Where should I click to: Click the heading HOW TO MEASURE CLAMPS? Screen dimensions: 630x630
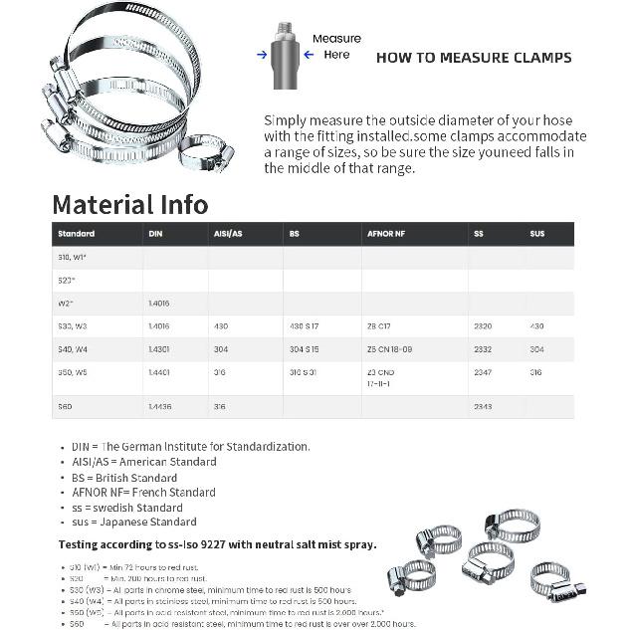tap(474, 58)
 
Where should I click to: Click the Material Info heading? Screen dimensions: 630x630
tap(130, 205)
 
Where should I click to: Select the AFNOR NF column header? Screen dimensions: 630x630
tap(386, 234)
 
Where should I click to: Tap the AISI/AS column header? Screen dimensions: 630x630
tap(227, 234)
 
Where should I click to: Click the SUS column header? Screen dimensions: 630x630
tap(537, 234)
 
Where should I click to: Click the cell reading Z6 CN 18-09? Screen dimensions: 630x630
tap(389, 349)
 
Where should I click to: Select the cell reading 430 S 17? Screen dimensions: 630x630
tap(304, 325)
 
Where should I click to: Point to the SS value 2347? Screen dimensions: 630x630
tap(483, 372)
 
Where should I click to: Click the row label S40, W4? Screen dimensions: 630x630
tap(73, 349)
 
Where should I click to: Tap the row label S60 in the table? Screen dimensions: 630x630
tap(65, 407)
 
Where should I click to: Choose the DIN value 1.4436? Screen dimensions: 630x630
tap(159, 407)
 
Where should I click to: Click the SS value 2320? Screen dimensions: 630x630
tap(483, 325)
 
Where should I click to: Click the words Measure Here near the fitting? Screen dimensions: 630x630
tap(336, 47)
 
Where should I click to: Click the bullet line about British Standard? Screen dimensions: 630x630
tap(123, 477)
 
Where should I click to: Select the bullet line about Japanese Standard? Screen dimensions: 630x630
tap(133, 522)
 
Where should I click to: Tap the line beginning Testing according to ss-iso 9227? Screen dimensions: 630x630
tap(217, 544)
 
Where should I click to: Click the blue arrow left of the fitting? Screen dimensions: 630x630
tap(262, 55)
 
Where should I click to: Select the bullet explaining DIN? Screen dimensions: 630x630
tap(190, 447)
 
